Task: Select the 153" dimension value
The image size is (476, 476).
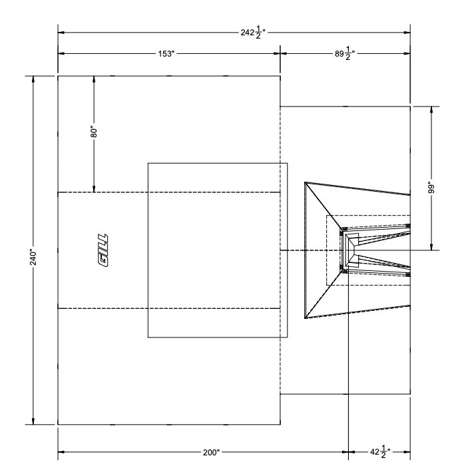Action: pos(166,53)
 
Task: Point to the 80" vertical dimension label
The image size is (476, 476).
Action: pos(95,132)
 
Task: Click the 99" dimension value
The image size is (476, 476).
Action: pos(432,188)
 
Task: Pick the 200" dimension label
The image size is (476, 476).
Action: pos(211,453)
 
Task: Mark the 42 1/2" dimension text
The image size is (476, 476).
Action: pos(379,453)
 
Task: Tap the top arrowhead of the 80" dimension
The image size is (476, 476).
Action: pos(95,79)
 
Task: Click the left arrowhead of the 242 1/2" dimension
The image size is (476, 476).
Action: pos(62,32)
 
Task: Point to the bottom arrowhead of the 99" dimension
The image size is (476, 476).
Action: pos(432,246)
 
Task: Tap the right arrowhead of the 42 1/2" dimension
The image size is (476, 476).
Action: pos(406,453)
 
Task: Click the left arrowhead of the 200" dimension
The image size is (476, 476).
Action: pos(62,453)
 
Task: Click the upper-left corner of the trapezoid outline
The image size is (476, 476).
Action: pos(305,182)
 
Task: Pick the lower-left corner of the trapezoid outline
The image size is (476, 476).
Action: pos(305,318)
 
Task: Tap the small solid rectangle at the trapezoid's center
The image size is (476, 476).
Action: pos(352,250)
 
